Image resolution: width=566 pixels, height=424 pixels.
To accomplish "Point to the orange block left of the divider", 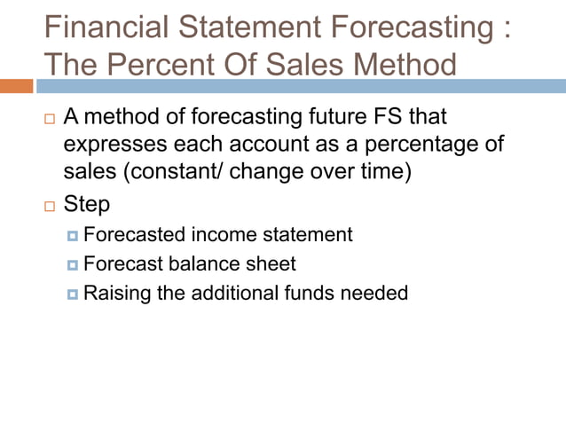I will [16, 86].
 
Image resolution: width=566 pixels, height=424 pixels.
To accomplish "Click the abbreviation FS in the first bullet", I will [379, 117].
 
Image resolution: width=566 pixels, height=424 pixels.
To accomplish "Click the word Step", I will [87, 204].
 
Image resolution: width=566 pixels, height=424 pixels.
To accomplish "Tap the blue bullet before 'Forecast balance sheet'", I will [73, 265].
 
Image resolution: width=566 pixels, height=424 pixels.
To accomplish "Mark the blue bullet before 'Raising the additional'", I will [73, 294].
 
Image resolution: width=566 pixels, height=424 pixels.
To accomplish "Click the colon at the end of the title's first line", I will [505, 29].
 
